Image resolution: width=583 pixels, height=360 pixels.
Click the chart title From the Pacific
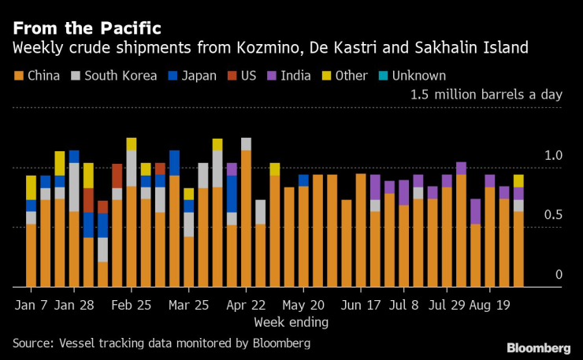pos(86,28)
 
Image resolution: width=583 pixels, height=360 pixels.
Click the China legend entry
pos(39,76)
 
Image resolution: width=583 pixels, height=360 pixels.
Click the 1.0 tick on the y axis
pos(554,156)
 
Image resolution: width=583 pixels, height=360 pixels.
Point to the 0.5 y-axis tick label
pos(554,215)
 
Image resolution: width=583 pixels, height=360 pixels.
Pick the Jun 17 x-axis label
pos(361,303)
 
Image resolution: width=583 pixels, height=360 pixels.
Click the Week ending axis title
pos(291,322)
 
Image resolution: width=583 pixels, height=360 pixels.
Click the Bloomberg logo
pos(538,347)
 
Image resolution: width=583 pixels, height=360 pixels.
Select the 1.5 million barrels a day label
pos(486,95)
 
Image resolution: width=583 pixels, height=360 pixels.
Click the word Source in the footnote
pos(32,343)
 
